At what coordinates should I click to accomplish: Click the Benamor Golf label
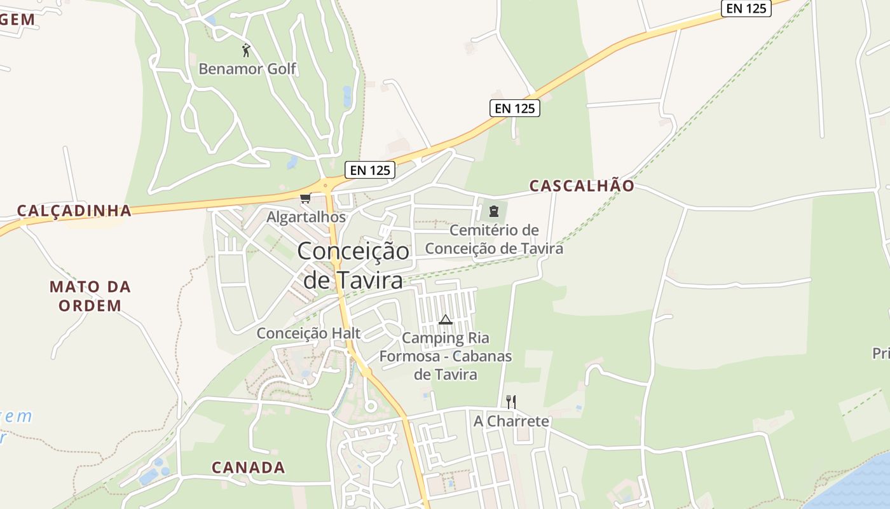[247, 69]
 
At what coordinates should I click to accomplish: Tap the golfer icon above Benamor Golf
[246, 50]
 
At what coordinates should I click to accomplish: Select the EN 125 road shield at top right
[747, 8]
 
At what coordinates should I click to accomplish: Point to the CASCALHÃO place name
[582, 186]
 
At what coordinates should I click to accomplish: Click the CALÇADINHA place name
[74, 211]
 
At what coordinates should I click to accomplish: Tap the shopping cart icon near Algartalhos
[305, 199]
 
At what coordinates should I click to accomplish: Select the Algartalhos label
[306, 217]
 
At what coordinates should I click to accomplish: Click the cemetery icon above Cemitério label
[493, 211]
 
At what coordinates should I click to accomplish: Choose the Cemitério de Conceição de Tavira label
[494, 239]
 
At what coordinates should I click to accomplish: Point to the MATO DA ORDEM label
[90, 296]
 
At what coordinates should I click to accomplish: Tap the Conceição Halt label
[308, 333]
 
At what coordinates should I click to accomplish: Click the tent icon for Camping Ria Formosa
[446, 319]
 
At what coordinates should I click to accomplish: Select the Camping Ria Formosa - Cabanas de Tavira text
[446, 356]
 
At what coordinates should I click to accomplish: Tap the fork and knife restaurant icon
[510, 401]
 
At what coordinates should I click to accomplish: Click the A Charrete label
[511, 421]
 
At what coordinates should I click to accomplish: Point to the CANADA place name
[249, 468]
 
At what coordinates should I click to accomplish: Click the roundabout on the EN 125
[325, 186]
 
